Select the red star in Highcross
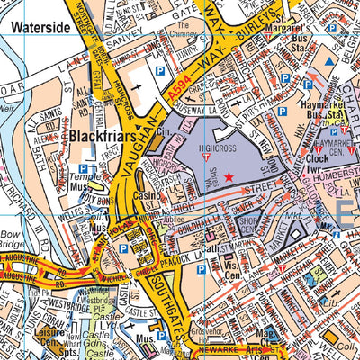(x=229, y=177)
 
